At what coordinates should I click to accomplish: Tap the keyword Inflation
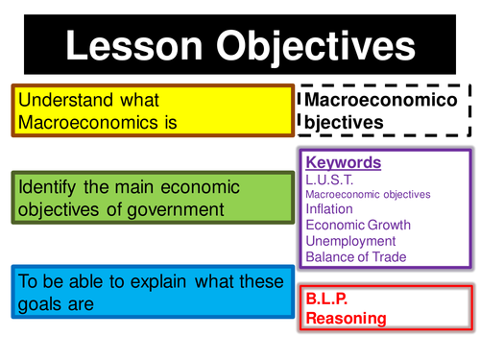tap(330, 209)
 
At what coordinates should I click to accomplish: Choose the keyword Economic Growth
tap(357, 226)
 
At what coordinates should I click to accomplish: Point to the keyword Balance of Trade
tap(355, 256)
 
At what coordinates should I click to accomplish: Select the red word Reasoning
tap(346, 317)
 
